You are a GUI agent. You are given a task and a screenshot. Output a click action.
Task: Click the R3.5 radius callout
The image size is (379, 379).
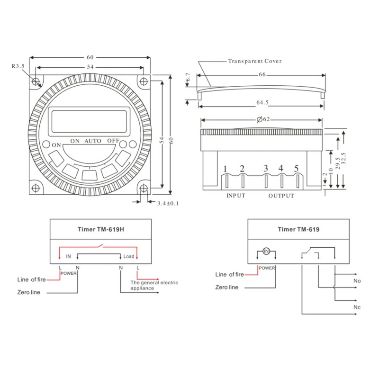pos(18,66)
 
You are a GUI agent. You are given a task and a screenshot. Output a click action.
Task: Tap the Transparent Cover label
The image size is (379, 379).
pos(255,61)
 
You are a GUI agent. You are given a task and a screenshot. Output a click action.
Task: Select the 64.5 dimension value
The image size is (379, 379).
pos(262,102)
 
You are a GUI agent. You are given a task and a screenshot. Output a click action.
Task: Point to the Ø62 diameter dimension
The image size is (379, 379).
pos(263,119)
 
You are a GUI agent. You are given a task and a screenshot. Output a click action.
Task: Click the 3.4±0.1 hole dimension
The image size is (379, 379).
pos(168,203)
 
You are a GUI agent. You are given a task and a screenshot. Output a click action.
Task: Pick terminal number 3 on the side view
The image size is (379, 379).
pos(266,168)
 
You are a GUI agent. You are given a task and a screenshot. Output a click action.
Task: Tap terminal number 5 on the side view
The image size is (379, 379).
pos(297,168)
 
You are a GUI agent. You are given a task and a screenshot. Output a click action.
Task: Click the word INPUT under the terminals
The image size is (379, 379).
pos(235,196)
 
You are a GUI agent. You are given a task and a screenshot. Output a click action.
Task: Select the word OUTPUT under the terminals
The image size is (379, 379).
pos(281,196)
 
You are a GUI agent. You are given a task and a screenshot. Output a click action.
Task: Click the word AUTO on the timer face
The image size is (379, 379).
pos(93,141)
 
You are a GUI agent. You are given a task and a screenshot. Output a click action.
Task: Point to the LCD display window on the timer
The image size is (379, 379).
pos(89,122)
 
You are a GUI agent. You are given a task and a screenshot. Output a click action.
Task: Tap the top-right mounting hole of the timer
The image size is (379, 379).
pos(144,81)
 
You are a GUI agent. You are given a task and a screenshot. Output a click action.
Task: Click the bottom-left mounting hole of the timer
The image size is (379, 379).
pos(36,188)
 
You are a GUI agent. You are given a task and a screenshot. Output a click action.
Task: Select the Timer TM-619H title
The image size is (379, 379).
pos(101,229)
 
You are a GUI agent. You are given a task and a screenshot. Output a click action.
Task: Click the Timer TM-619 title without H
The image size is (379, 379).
pos(298,229)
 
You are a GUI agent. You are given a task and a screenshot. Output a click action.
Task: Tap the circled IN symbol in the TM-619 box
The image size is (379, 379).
pos(266,252)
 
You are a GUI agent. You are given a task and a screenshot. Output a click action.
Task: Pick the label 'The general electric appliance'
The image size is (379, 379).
pos(154,285)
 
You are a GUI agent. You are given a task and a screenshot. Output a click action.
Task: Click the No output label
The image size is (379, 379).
pos(357,281)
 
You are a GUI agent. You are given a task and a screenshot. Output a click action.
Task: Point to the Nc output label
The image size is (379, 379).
pos(357,307)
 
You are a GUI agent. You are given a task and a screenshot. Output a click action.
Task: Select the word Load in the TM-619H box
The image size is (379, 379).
pos(129,256)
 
